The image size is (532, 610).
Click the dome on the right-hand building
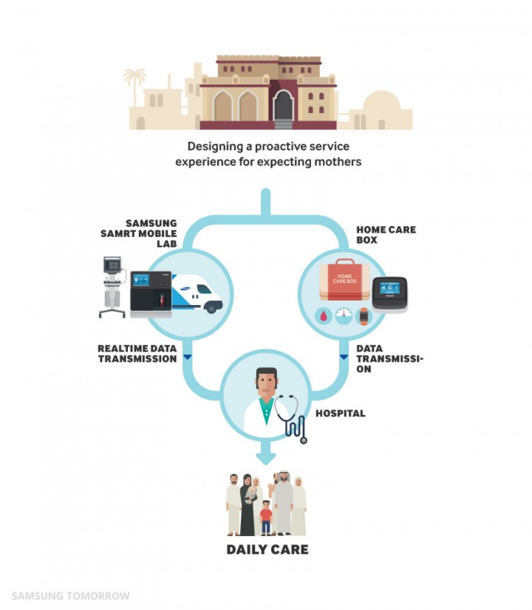383,104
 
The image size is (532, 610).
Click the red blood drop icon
324,315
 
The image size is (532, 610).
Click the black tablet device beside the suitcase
389,294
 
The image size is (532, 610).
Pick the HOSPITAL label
340,414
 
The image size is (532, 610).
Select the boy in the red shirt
265,515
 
